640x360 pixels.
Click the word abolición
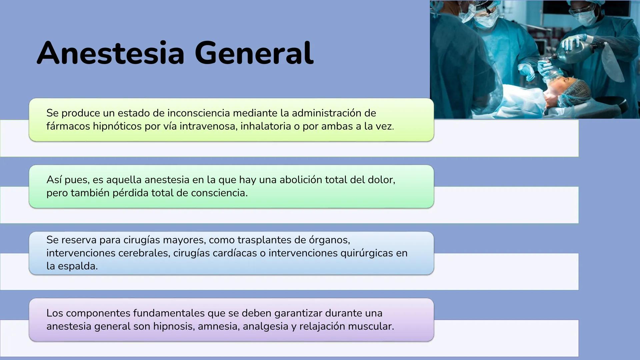point(301,180)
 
